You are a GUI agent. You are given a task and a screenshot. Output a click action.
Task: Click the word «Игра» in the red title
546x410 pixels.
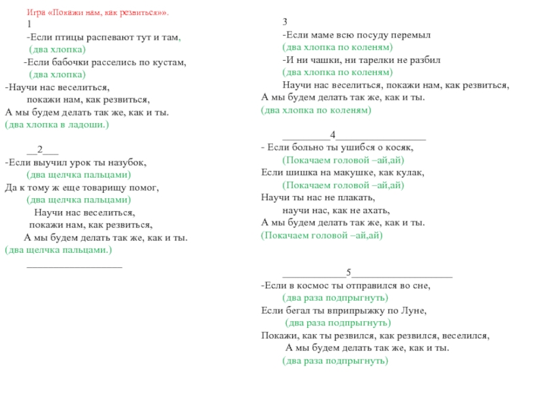click(x=36, y=13)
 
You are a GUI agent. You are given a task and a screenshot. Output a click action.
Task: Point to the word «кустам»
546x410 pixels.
click(x=171, y=63)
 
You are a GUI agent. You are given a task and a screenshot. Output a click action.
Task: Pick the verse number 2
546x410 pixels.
click(x=40, y=150)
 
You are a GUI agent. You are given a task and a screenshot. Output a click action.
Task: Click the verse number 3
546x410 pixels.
click(x=285, y=22)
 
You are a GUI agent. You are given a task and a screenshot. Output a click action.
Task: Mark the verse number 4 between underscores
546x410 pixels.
click(x=332, y=134)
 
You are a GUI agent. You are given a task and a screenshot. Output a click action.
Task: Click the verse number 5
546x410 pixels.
click(x=348, y=273)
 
